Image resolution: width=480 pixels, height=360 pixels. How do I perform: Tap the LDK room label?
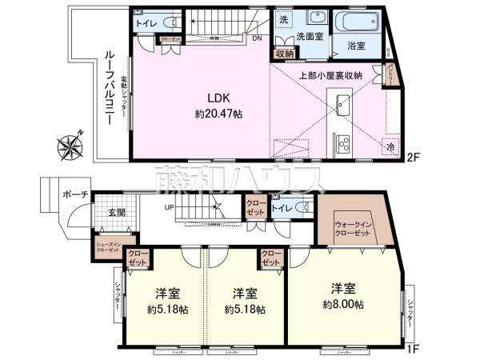[218, 98]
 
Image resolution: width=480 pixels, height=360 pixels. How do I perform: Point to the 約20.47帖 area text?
[218, 114]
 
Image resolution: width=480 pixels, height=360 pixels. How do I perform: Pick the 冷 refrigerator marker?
[391, 148]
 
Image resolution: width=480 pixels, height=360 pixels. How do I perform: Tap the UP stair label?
[170, 209]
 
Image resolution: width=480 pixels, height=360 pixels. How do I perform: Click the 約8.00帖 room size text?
[344, 304]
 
